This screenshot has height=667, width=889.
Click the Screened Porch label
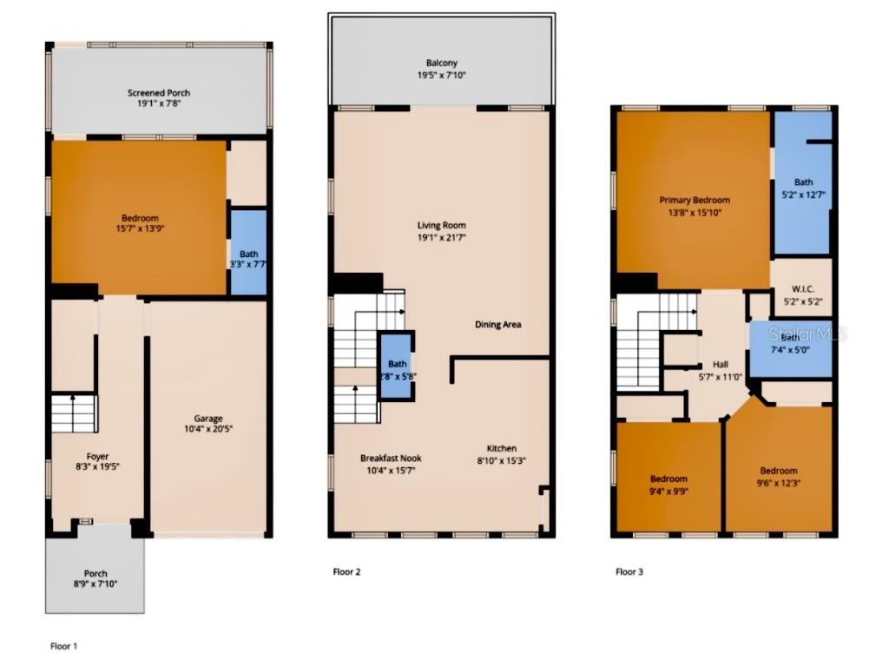159,93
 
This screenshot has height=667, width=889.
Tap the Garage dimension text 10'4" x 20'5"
208,428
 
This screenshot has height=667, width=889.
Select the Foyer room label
97,456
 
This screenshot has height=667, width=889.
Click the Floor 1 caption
63,646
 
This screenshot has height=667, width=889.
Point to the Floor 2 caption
346,571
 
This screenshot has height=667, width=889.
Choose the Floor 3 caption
629,571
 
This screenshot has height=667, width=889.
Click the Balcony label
441,63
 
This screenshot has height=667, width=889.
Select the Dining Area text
497,325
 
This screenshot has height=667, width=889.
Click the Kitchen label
501,448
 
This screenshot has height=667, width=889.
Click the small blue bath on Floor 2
397,365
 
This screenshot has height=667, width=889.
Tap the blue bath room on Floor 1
248,253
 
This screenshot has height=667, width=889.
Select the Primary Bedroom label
694,200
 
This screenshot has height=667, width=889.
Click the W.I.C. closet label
802,288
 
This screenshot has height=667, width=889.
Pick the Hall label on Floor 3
721,365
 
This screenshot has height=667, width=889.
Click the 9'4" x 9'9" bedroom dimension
668,491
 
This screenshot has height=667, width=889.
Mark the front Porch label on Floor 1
95,573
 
